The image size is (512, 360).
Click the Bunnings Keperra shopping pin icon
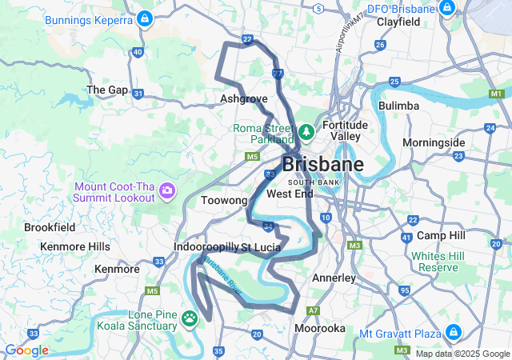144,18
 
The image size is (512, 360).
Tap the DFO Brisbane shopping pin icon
447,10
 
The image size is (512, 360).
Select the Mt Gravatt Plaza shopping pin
453,331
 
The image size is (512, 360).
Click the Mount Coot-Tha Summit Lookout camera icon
167,190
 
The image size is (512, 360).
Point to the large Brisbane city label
322,166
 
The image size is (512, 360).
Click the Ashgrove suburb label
243,99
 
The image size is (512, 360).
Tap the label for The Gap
107,90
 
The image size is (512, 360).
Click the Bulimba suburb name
399,106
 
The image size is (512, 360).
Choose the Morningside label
433,142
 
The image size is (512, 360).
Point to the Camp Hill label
441,236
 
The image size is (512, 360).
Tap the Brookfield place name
50,227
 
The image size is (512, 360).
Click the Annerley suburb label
334,278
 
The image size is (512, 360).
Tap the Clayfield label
399,22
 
